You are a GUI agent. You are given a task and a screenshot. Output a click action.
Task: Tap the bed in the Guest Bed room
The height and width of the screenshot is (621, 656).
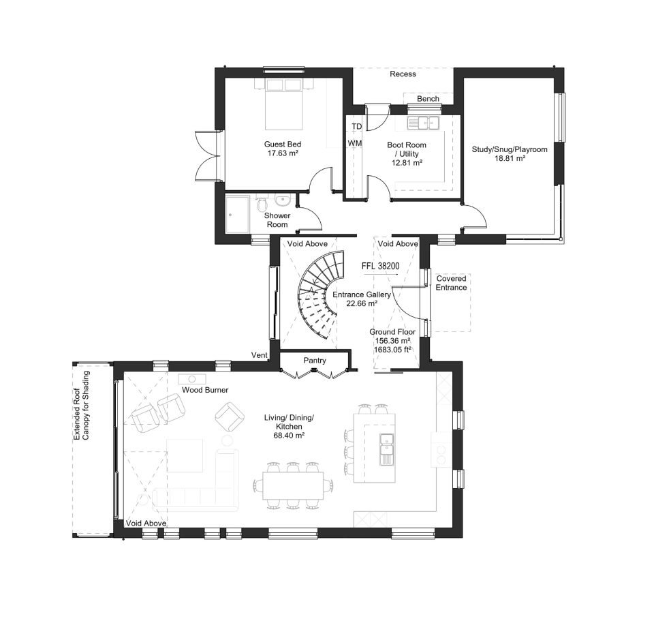click(x=283, y=104)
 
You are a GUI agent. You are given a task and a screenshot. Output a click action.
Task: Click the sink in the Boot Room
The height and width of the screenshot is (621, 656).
click(x=424, y=123)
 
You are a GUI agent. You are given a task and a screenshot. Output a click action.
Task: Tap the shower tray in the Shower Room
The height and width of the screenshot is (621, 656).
click(x=238, y=213)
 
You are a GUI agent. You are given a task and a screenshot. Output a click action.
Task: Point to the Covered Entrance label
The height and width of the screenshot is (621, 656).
click(x=452, y=283)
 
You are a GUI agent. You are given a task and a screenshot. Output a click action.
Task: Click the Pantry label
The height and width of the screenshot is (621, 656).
click(x=315, y=361)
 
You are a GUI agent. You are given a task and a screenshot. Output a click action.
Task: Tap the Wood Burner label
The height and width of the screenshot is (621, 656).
click(x=205, y=390)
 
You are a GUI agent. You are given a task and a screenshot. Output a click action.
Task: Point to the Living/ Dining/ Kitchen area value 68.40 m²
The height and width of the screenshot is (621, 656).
click(x=289, y=435)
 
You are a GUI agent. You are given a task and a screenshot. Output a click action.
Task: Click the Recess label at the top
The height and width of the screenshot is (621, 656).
click(x=403, y=74)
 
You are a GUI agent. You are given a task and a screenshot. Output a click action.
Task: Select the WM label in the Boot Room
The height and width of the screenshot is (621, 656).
click(x=355, y=143)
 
